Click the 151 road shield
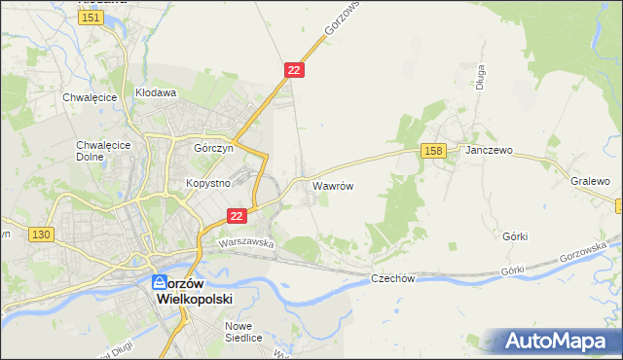92,18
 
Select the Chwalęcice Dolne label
97,151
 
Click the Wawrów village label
332,184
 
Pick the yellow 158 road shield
434,150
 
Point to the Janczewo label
489,152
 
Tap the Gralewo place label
591,182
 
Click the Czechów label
393,279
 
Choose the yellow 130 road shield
41,234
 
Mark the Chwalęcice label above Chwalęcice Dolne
90,97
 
